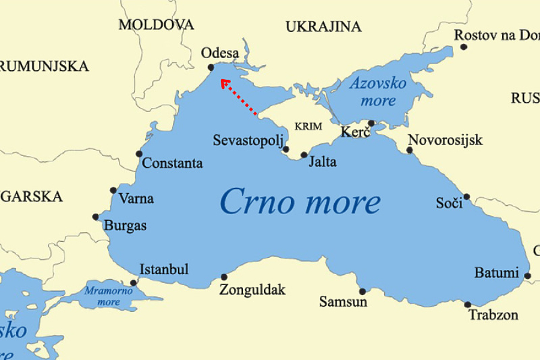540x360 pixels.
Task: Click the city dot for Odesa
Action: pos(211,67)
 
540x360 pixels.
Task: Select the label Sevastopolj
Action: pos(246,140)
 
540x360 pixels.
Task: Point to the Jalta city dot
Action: pos(304,155)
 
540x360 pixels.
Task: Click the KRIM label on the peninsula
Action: pos(308,127)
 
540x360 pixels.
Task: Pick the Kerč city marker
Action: pos(371,123)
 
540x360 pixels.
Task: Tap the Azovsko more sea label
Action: pos(378,91)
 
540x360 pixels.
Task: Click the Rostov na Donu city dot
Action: pos(463,46)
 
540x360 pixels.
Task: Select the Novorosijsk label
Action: pos(445,140)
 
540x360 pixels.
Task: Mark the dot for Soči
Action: pos(466,196)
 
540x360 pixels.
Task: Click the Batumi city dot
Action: pos(527,276)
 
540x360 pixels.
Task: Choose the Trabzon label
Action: pos(493,315)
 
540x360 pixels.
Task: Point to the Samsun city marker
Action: pos(362,292)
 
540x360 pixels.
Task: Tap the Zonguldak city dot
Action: pos(224,277)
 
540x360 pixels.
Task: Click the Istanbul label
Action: pos(164,269)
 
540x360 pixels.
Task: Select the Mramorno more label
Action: pos(109,296)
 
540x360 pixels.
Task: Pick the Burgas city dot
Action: pos(95,217)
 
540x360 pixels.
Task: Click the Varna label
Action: pos(136,199)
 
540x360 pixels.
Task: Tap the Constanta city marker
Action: pos(139,154)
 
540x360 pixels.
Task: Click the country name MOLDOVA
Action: pos(156,25)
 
